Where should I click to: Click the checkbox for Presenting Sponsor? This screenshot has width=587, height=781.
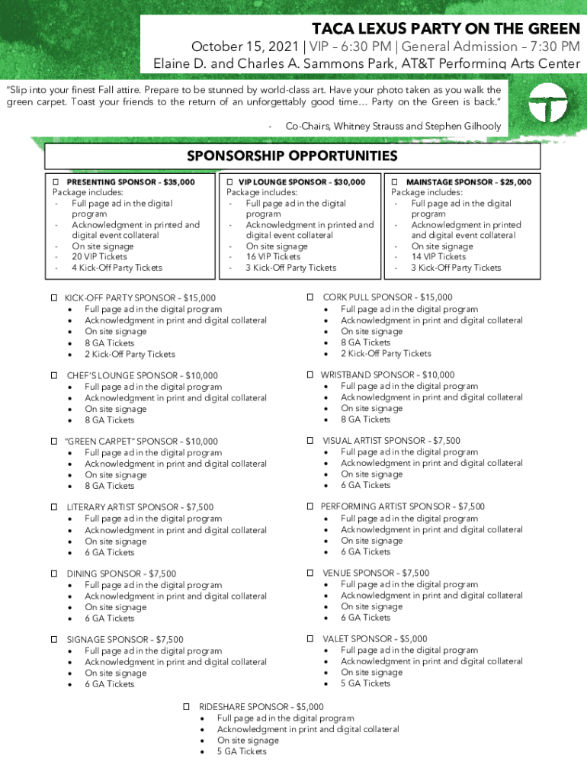55,182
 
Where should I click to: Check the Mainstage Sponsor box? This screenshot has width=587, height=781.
395,182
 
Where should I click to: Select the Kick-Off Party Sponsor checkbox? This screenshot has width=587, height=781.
55,297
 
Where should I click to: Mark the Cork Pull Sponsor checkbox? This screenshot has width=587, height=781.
311,296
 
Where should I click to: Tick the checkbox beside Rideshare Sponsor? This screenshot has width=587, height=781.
187,706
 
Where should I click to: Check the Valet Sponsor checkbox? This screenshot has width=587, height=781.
311,638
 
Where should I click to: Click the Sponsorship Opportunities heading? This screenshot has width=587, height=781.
293,156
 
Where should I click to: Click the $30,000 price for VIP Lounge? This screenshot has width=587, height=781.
349,182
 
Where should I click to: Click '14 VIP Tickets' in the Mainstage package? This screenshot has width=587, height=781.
438,257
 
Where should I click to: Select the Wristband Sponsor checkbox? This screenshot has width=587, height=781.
311,374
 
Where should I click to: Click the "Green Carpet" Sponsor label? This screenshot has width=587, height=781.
142,441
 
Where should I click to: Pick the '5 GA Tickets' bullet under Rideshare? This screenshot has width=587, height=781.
242,751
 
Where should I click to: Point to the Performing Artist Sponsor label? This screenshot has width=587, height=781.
403,506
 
